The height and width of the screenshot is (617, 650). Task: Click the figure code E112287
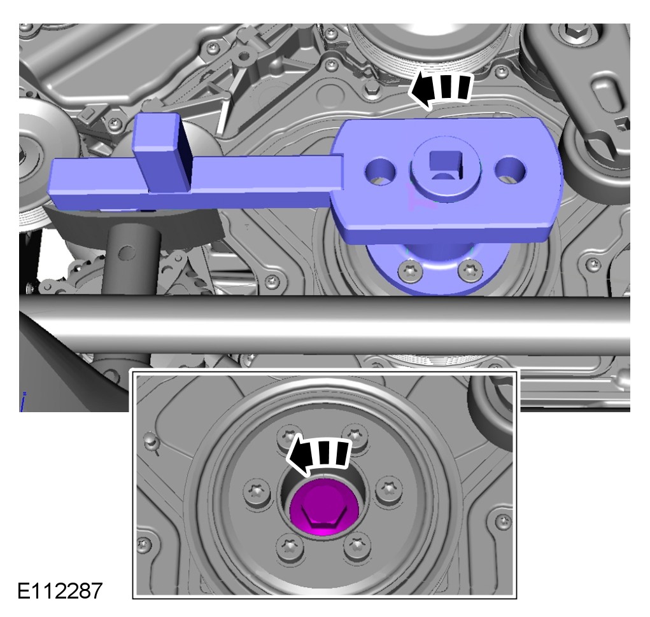coord(60,590)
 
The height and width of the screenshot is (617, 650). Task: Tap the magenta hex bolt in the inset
coord(324,507)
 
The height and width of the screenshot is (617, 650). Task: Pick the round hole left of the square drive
coord(380,171)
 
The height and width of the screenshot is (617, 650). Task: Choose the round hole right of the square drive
coord(510,170)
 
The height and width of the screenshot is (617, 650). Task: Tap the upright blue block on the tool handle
coord(162,154)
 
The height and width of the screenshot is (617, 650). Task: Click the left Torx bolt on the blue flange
coord(411,272)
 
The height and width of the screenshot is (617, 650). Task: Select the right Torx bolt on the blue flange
coord(470,270)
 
